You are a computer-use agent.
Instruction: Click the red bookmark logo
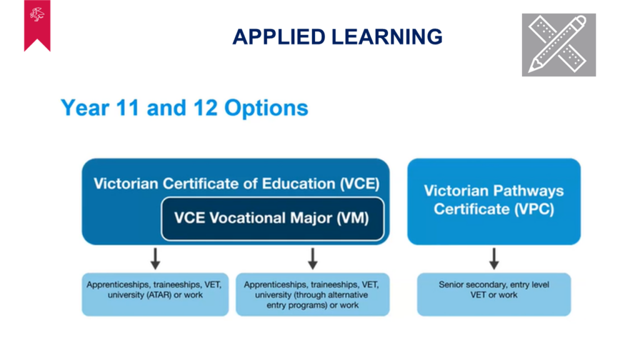(x=37, y=25)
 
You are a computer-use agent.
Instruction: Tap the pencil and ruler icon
(x=559, y=45)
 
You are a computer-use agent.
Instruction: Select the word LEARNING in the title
(x=387, y=37)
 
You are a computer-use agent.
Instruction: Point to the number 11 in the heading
(x=127, y=107)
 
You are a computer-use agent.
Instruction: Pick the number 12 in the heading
(x=205, y=107)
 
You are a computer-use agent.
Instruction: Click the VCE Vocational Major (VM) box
(x=272, y=219)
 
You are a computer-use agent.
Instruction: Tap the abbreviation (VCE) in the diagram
(x=359, y=184)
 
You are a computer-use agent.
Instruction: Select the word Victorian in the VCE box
(x=126, y=184)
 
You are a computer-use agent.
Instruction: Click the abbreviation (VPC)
(x=534, y=209)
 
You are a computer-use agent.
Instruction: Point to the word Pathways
(x=529, y=191)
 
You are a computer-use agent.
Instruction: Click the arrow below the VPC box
(x=494, y=259)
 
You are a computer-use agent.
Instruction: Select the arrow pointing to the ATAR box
(x=155, y=259)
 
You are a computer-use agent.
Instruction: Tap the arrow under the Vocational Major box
(x=312, y=259)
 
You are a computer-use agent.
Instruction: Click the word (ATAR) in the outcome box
(x=159, y=295)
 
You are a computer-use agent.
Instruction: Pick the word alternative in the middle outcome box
(x=347, y=295)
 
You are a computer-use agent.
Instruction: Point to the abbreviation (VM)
(x=352, y=218)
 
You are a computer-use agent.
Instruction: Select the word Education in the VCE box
(x=298, y=184)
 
